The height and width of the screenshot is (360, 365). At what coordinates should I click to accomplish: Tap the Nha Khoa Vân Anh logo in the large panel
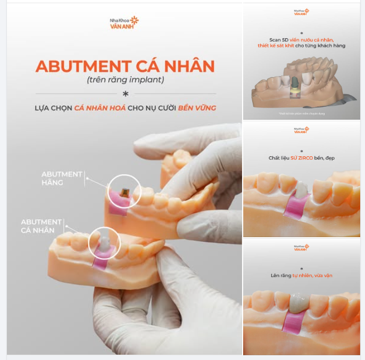click(x=124, y=22)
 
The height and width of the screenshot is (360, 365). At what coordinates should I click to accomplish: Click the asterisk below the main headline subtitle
click(x=125, y=94)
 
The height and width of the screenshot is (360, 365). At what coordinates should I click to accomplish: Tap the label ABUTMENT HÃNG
click(x=62, y=178)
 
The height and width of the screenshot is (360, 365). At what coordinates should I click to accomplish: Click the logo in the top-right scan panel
click(x=302, y=11)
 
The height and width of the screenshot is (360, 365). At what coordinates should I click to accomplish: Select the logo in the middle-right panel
click(x=302, y=130)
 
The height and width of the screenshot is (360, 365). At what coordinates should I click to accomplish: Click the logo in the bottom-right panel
click(x=302, y=247)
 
